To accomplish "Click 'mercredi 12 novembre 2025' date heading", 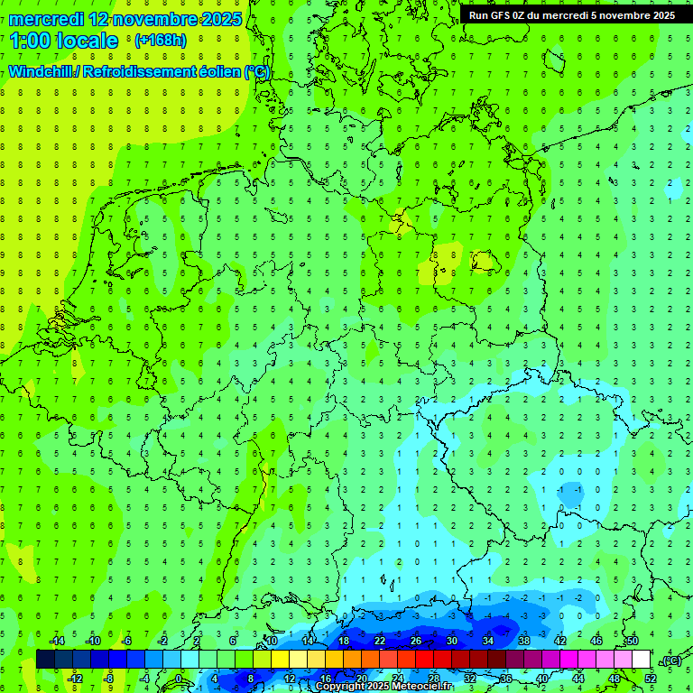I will (125, 18).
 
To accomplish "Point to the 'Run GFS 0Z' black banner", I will (572, 14).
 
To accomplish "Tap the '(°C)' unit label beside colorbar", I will (671, 661).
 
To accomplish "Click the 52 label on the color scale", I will (651, 679).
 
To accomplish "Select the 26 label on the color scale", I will (416, 641).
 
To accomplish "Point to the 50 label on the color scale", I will (632, 641).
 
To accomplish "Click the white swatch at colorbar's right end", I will (641, 660).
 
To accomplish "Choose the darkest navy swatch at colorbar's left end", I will (45, 660).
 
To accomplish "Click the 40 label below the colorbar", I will (542, 679).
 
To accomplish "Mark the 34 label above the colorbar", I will (488, 641).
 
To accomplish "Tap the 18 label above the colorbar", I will (344, 641).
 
